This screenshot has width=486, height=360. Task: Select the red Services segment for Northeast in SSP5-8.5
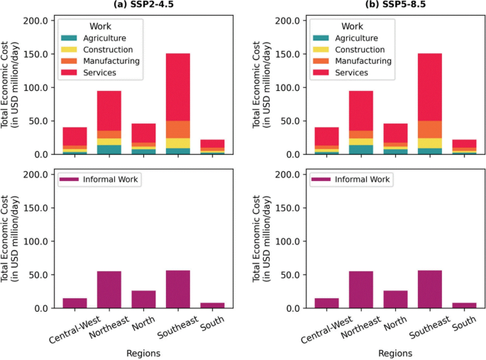click(x=360, y=110)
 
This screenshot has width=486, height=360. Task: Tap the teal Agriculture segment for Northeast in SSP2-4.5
click(x=109, y=149)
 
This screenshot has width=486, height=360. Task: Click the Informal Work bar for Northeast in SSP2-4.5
click(x=109, y=290)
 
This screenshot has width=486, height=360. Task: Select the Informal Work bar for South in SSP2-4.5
click(x=213, y=305)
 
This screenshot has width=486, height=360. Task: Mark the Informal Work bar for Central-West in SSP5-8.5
click(x=326, y=303)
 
